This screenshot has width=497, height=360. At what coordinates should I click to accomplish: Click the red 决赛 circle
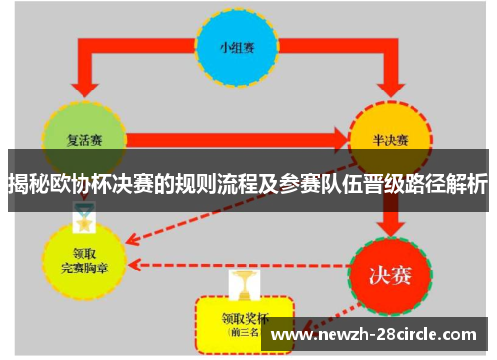tap(391, 271)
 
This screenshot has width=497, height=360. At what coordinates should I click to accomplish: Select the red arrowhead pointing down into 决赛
tap(391, 221)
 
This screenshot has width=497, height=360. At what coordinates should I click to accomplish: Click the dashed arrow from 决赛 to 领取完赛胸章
tap(239, 266)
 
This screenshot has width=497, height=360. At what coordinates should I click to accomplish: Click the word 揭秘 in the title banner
tap(27, 185)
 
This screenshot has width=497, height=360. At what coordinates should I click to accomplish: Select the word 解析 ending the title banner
tap(467, 185)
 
